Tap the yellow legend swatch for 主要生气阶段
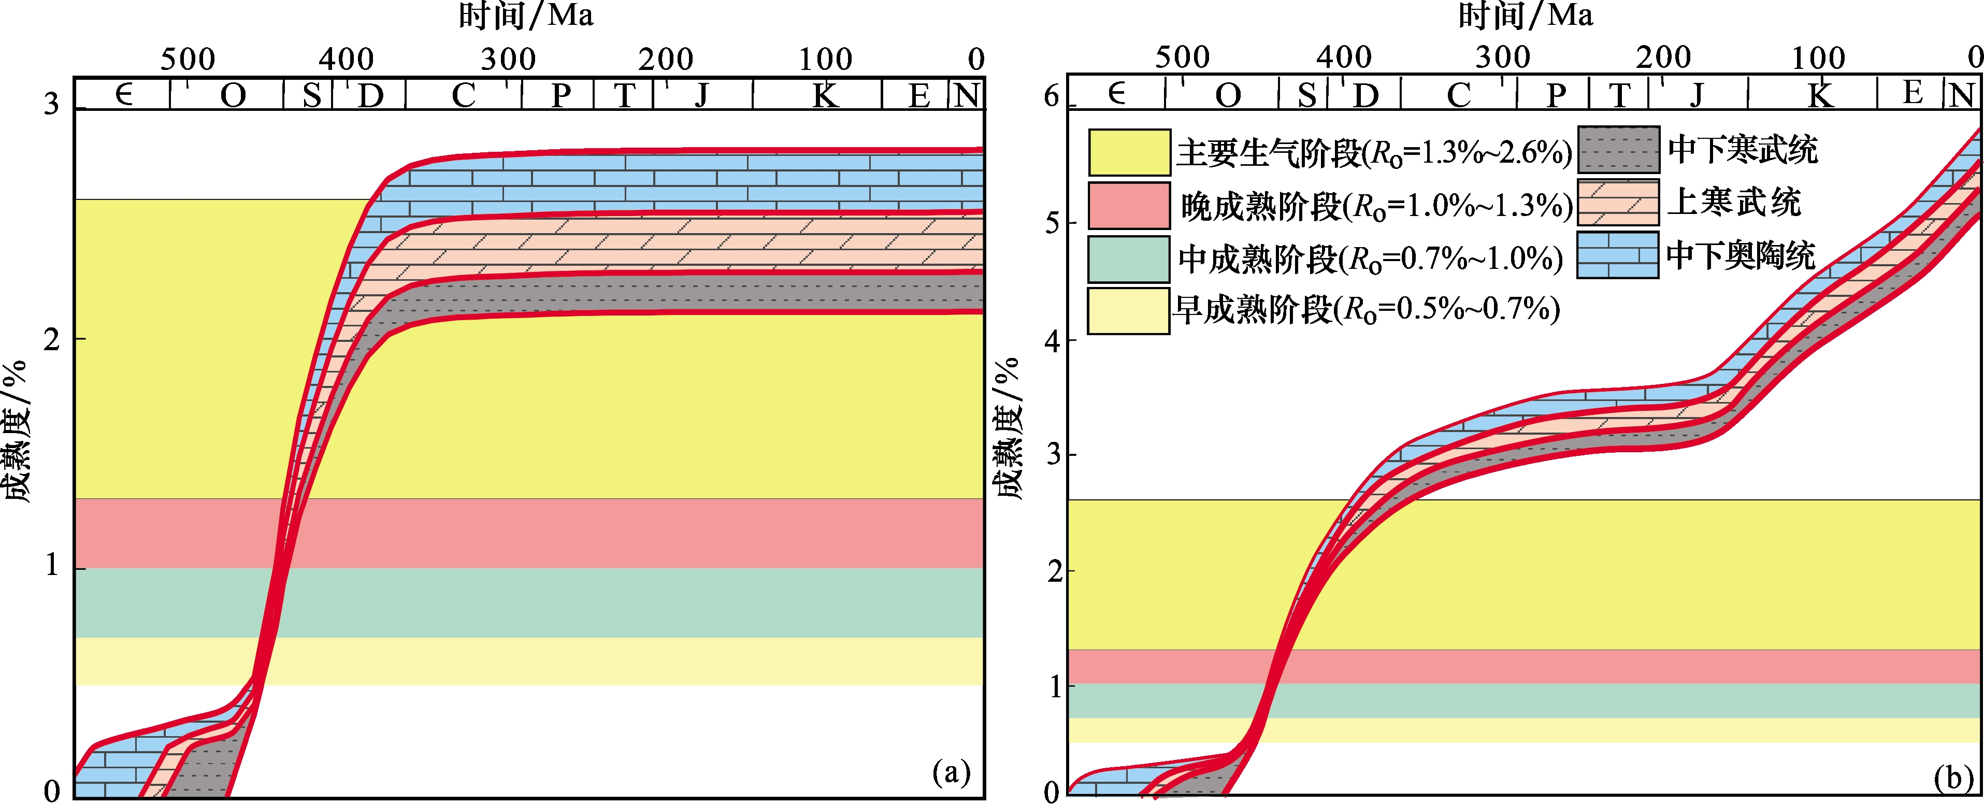(x=1129, y=152)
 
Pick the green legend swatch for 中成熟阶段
(x=1129, y=259)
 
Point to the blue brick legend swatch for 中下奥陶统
(x=1617, y=255)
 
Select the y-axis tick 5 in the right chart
(x=1052, y=223)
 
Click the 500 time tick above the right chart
(x=1182, y=58)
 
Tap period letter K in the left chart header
(x=825, y=95)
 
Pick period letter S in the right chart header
(x=1306, y=95)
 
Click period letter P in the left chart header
(x=562, y=95)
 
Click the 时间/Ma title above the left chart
(x=526, y=16)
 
